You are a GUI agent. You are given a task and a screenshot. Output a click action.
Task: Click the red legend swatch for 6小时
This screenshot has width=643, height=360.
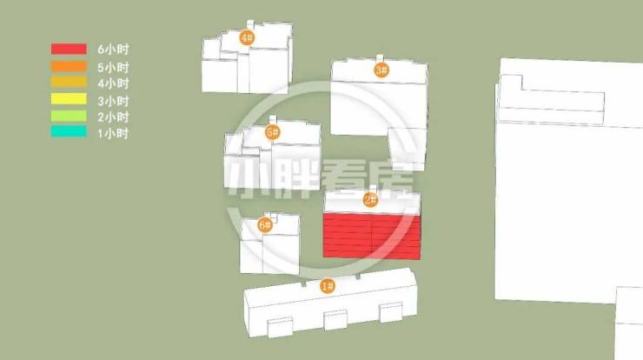coord(69,49)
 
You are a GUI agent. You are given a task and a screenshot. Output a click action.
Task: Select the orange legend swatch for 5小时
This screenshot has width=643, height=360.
coord(69,66)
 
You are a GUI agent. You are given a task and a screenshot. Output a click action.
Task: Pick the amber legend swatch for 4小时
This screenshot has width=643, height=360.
coord(69,82)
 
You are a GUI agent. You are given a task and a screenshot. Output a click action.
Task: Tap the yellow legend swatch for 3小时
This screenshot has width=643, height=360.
coord(69,99)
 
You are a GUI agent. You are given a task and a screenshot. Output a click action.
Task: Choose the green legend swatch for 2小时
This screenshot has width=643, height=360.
coord(69,116)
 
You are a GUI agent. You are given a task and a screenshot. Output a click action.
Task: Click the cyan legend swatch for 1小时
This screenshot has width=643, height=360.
coord(69,131)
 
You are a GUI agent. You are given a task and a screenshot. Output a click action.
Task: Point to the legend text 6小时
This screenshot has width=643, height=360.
coord(113,50)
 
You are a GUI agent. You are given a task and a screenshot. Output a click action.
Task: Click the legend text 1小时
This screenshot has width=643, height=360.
coord(113,133)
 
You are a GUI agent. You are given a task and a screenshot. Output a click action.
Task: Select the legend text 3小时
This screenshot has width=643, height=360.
coord(113,101)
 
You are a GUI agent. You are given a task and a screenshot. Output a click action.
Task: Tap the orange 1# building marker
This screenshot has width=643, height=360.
coord(328,286)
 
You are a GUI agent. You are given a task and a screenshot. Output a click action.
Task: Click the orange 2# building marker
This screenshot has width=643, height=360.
coord(371,200)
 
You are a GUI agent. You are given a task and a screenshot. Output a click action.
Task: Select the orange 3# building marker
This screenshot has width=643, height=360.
coord(381,70)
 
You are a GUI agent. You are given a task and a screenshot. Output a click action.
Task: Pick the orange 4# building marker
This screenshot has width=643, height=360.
coord(248,37)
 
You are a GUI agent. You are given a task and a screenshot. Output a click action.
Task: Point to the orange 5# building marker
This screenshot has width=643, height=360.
coord(272,132)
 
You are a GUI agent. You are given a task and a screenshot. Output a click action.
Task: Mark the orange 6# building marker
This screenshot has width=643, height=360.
coord(265,224)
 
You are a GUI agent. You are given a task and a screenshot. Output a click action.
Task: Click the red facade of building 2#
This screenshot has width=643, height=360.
coord(372,237)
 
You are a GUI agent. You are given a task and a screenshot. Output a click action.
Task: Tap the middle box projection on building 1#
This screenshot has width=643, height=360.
coord(335,320)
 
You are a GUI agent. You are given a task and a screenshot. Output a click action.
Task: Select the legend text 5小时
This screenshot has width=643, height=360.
coord(113,67)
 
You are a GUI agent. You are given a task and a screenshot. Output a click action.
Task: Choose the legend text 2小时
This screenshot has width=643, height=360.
coord(113,117)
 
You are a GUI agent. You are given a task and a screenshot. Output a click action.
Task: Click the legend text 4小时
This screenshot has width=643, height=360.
coord(113,83)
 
